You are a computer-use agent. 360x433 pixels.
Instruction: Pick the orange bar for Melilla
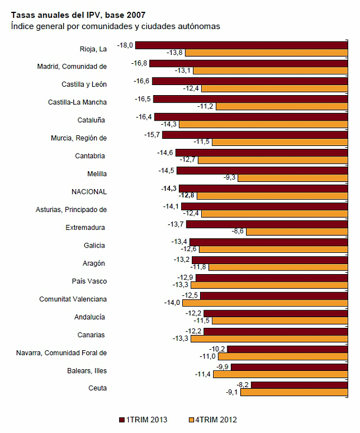(x=293, y=178)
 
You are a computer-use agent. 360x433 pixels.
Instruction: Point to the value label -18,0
(x=126, y=45)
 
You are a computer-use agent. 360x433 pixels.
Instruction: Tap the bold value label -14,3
(x=169, y=188)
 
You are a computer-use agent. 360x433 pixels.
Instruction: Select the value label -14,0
(x=172, y=303)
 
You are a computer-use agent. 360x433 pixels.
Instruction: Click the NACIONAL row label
(x=89, y=192)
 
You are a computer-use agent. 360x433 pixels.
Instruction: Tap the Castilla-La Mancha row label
(x=77, y=102)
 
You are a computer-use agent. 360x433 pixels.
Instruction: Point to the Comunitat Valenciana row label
(x=73, y=299)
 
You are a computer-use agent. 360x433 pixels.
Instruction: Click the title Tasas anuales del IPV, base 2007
(x=78, y=14)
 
